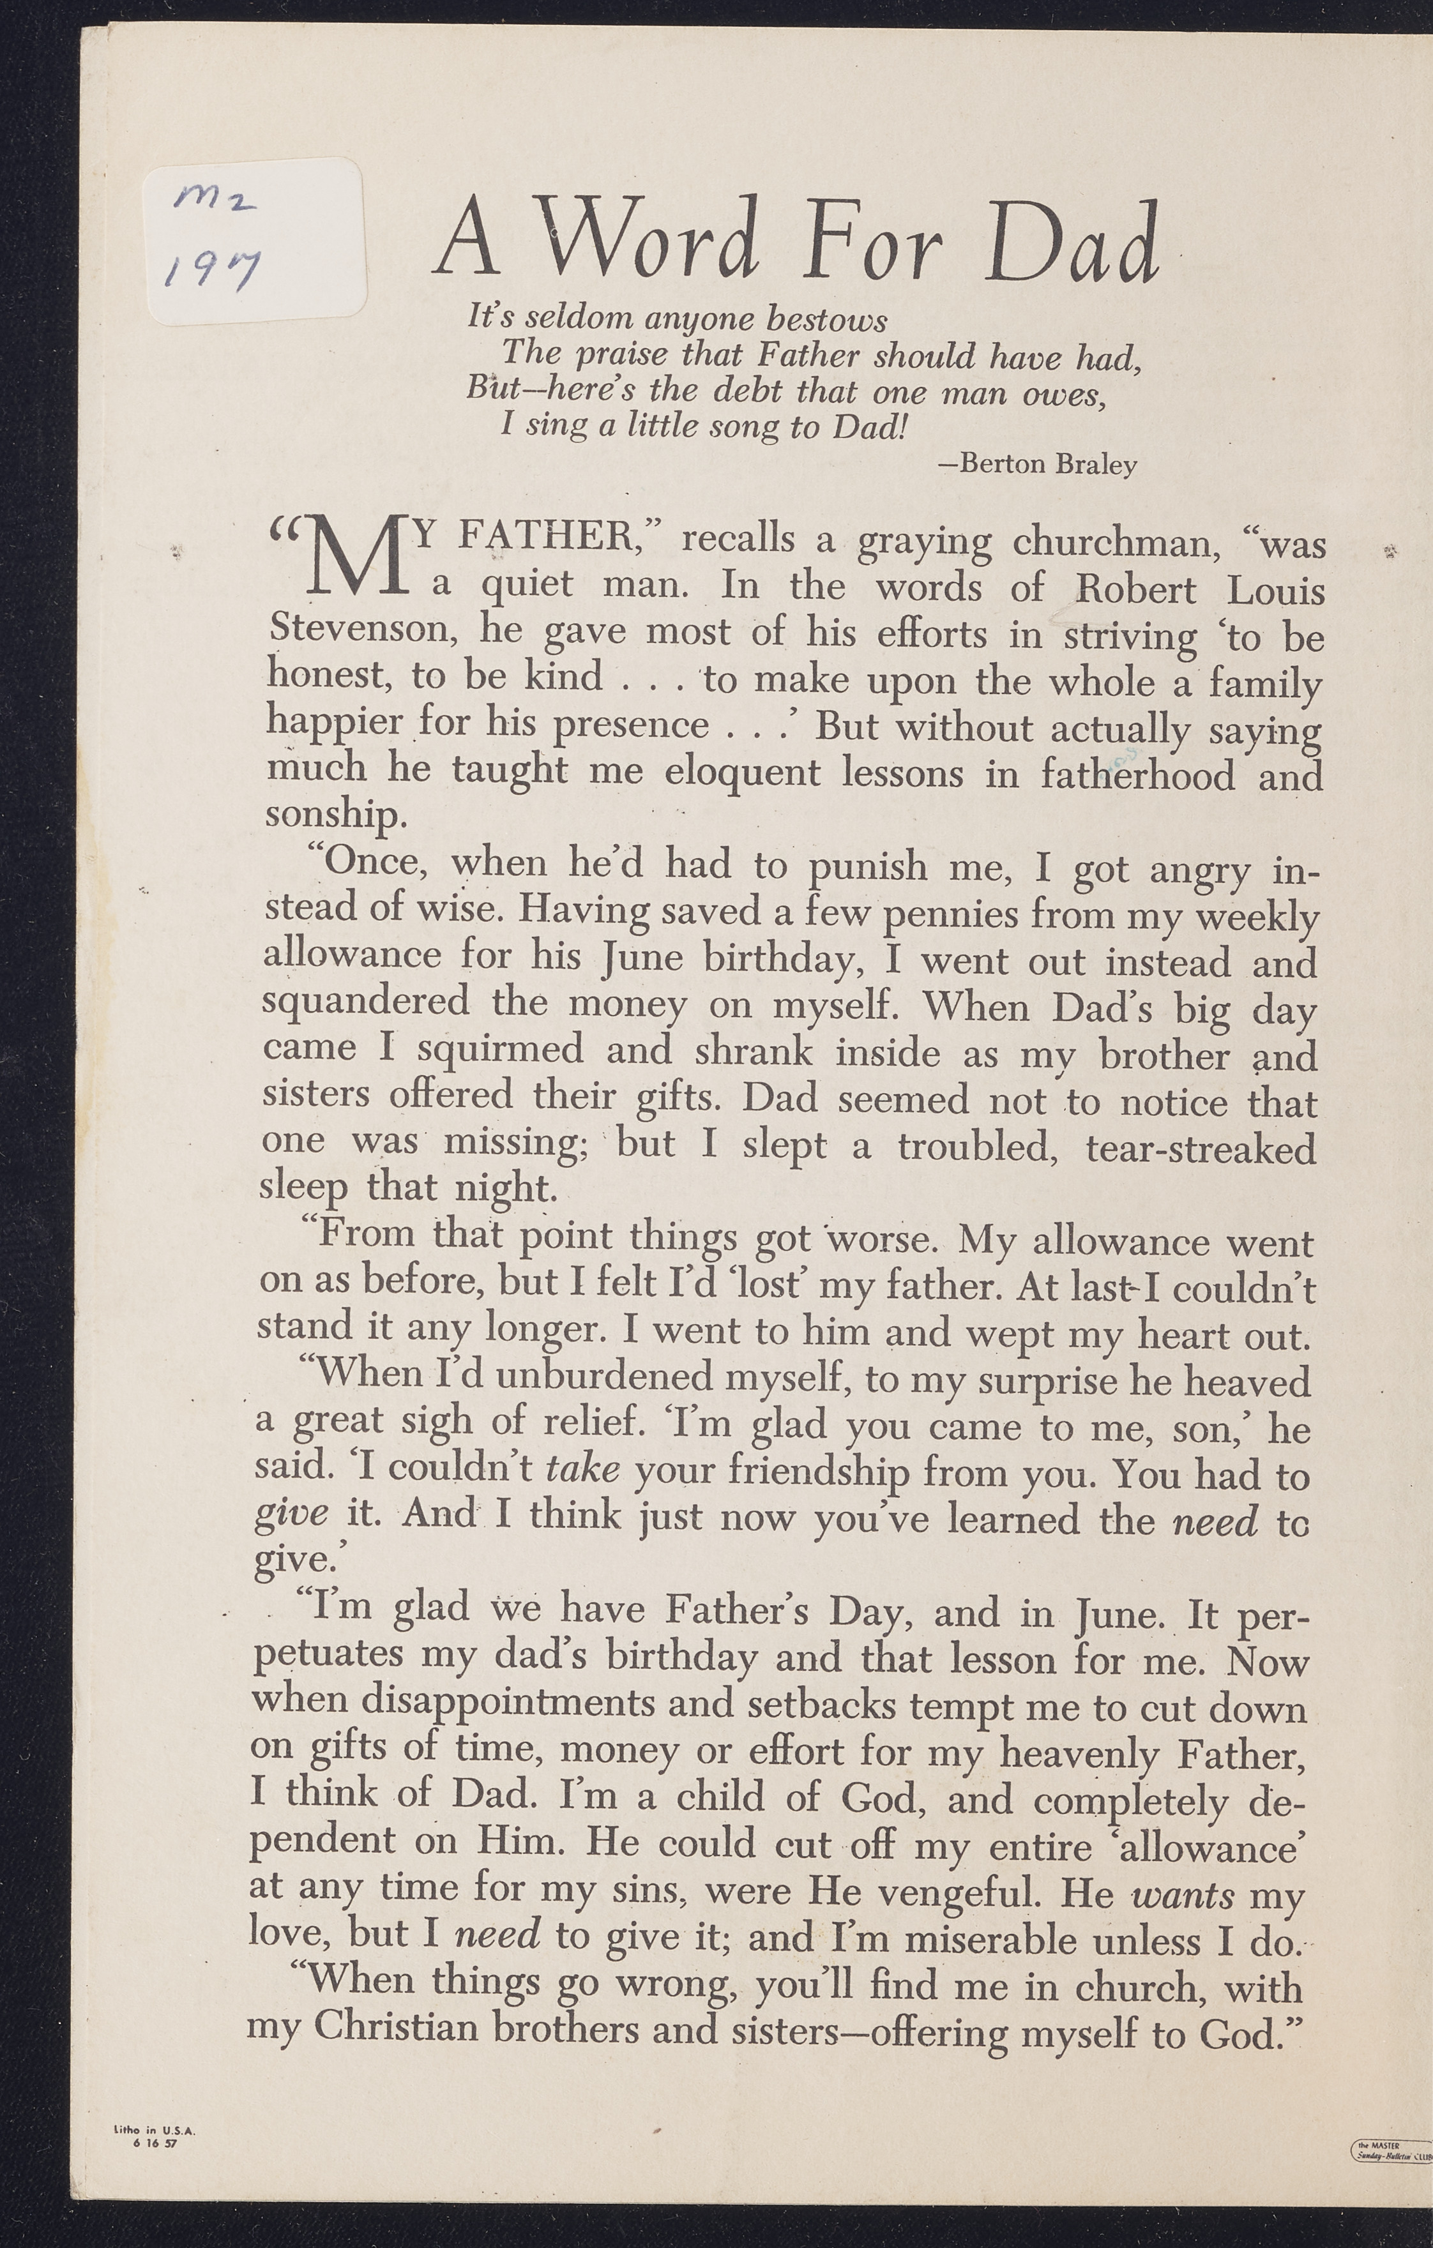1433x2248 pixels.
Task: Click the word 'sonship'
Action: pos(335,814)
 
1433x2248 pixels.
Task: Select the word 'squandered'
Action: pos(365,1002)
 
